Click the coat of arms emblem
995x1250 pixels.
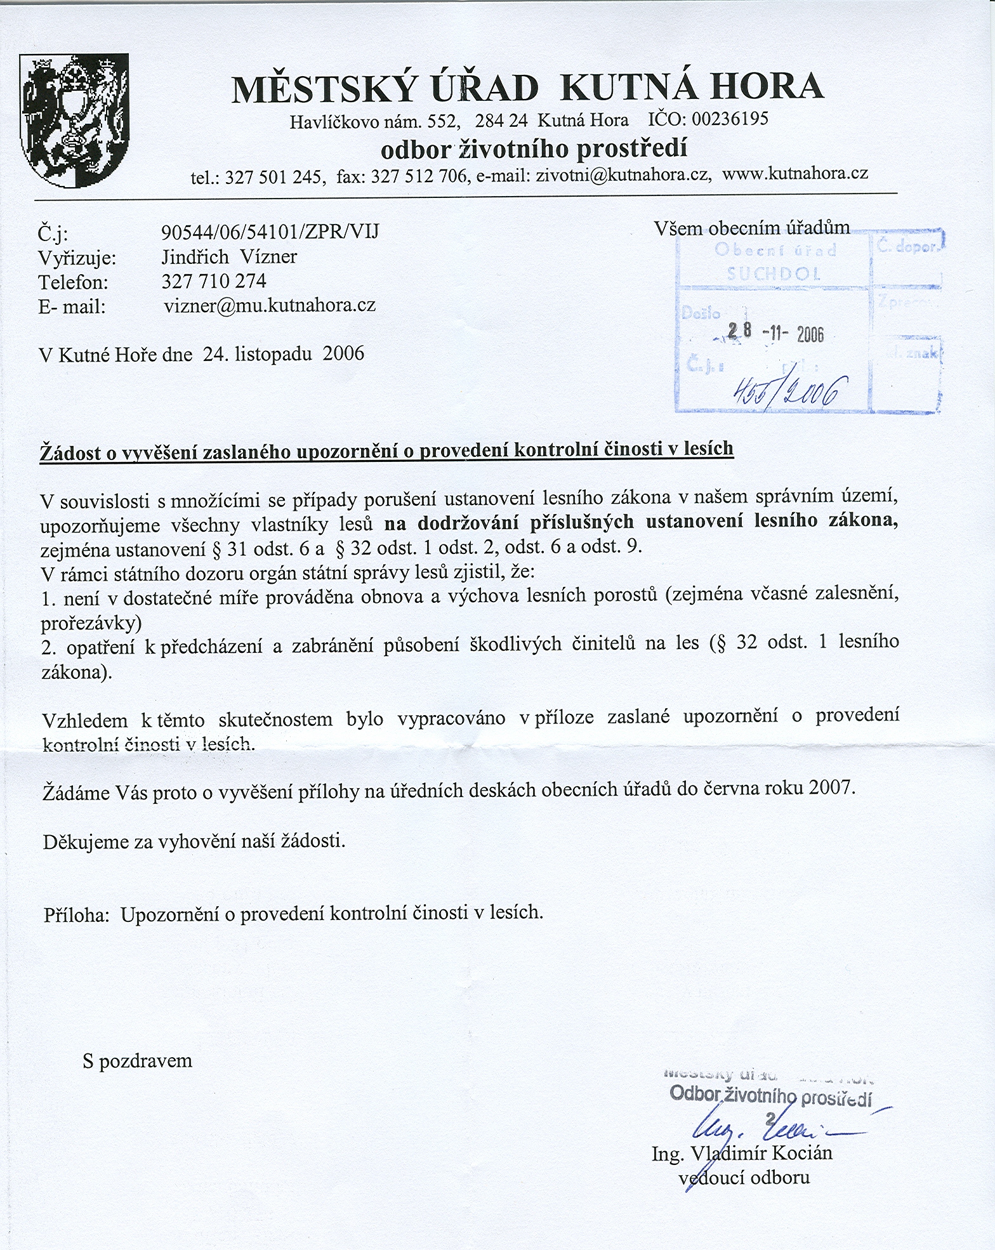click(75, 120)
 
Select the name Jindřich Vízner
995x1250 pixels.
click(230, 257)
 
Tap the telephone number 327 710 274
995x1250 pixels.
click(214, 281)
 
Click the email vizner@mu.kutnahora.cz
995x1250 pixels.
click(270, 306)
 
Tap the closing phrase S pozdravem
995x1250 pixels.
click(137, 1061)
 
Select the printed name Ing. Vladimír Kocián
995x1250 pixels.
click(742, 1154)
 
